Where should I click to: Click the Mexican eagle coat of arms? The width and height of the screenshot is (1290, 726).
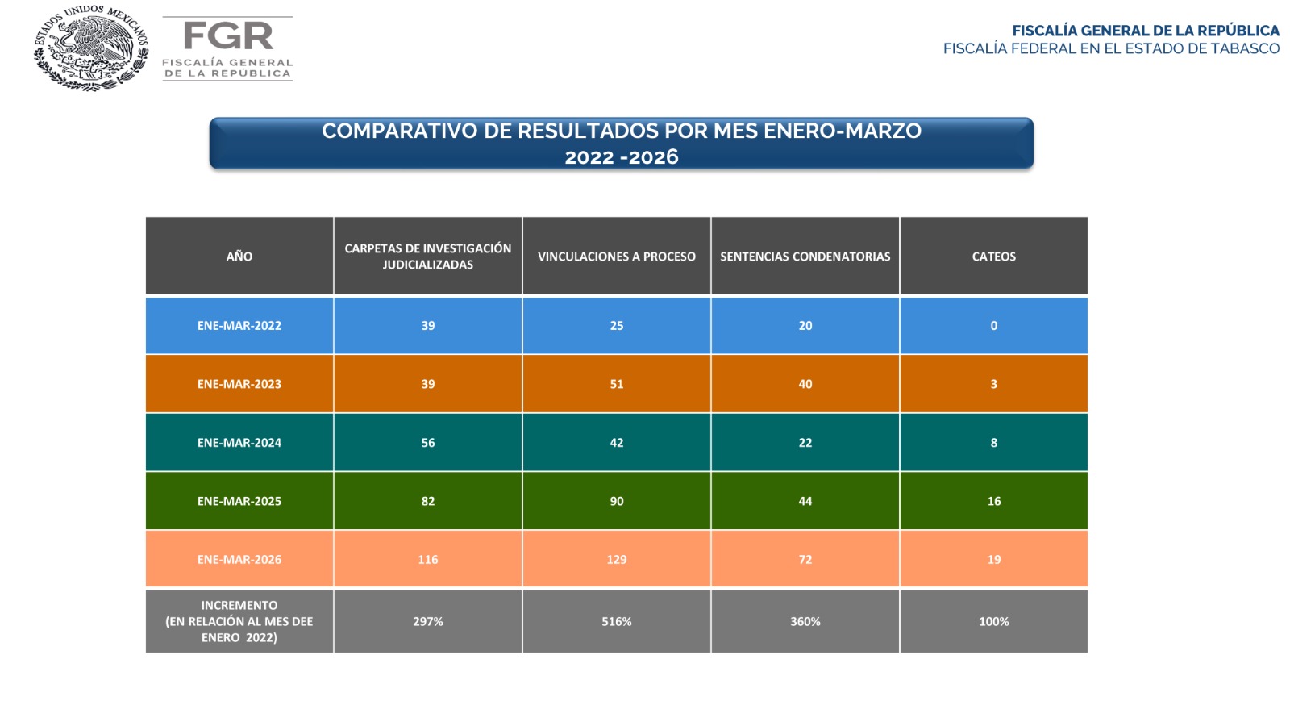pyautogui.click(x=91, y=48)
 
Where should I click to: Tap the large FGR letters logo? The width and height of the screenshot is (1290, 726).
pyautogui.click(x=228, y=36)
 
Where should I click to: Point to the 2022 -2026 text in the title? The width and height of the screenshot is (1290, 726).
pyautogui.click(x=621, y=157)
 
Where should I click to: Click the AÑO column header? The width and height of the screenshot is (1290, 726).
pyautogui.click(x=239, y=257)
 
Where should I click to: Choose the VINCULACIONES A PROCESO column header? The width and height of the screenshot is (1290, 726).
pyautogui.click(x=616, y=257)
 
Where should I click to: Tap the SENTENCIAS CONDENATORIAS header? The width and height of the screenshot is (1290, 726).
pyautogui.click(x=805, y=257)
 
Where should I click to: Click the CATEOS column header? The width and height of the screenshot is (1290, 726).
pyautogui.click(x=993, y=257)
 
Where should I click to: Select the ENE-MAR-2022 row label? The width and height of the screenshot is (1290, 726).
pyautogui.click(x=239, y=326)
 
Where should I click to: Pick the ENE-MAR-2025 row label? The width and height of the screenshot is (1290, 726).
pyautogui.click(x=239, y=501)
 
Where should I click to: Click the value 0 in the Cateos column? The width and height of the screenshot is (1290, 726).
pyautogui.click(x=993, y=326)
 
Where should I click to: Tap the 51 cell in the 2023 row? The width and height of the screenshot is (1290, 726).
pyautogui.click(x=616, y=384)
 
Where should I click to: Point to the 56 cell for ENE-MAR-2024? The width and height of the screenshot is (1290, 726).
pyautogui.click(x=427, y=443)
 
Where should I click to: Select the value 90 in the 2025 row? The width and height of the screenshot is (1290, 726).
pyautogui.click(x=616, y=501)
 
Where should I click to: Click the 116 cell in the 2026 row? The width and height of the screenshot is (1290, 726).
pyautogui.click(x=427, y=559)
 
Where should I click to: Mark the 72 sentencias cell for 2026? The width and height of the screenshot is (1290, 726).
pyautogui.click(x=805, y=559)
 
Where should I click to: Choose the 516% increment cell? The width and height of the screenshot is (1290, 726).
pyautogui.click(x=616, y=621)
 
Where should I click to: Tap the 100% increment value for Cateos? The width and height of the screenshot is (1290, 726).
pyautogui.click(x=993, y=621)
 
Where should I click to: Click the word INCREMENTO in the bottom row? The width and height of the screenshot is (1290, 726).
pyautogui.click(x=239, y=605)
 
